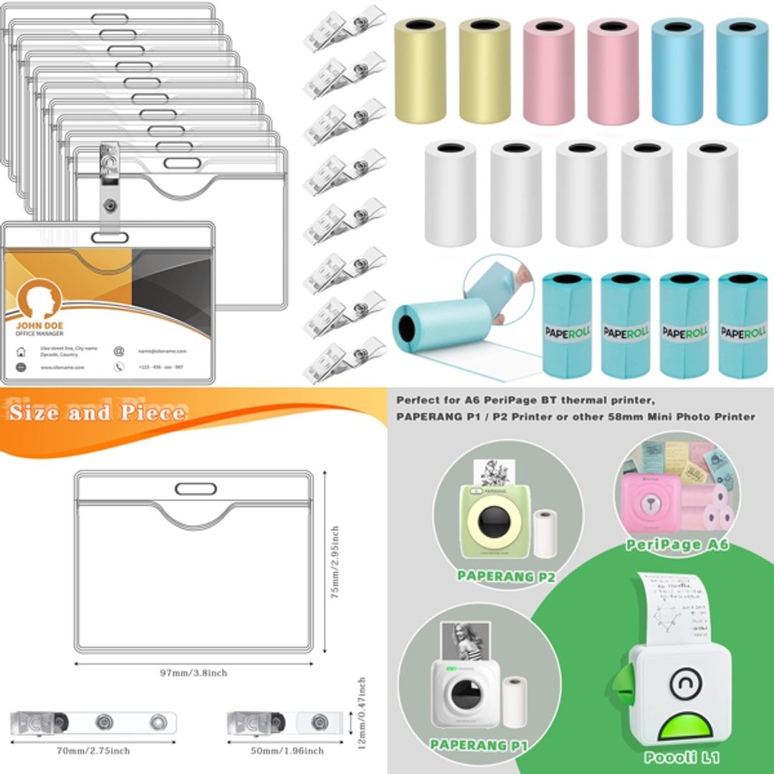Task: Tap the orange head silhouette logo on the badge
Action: click(x=39, y=299)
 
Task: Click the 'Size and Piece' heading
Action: click(x=97, y=413)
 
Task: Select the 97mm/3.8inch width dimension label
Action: click(x=193, y=673)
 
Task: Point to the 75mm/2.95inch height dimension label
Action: click(x=335, y=563)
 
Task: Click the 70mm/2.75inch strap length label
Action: click(x=93, y=751)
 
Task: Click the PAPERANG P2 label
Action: click(x=506, y=575)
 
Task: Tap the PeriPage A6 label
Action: click(x=677, y=545)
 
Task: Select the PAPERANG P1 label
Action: click(x=479, y=745)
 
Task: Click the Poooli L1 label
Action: click(x=681, y=757)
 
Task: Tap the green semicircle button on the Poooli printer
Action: click(x=686, y=727)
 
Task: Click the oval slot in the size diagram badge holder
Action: click(x=195, y=489)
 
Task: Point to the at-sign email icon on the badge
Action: click(x=119, y=351)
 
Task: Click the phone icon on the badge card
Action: click(x=119, y=367)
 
